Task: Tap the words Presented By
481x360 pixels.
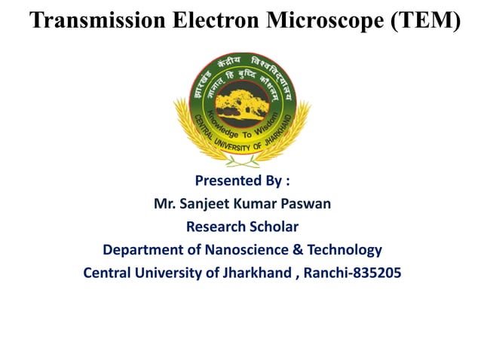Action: point(242,181)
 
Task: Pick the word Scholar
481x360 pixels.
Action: point(274,226)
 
